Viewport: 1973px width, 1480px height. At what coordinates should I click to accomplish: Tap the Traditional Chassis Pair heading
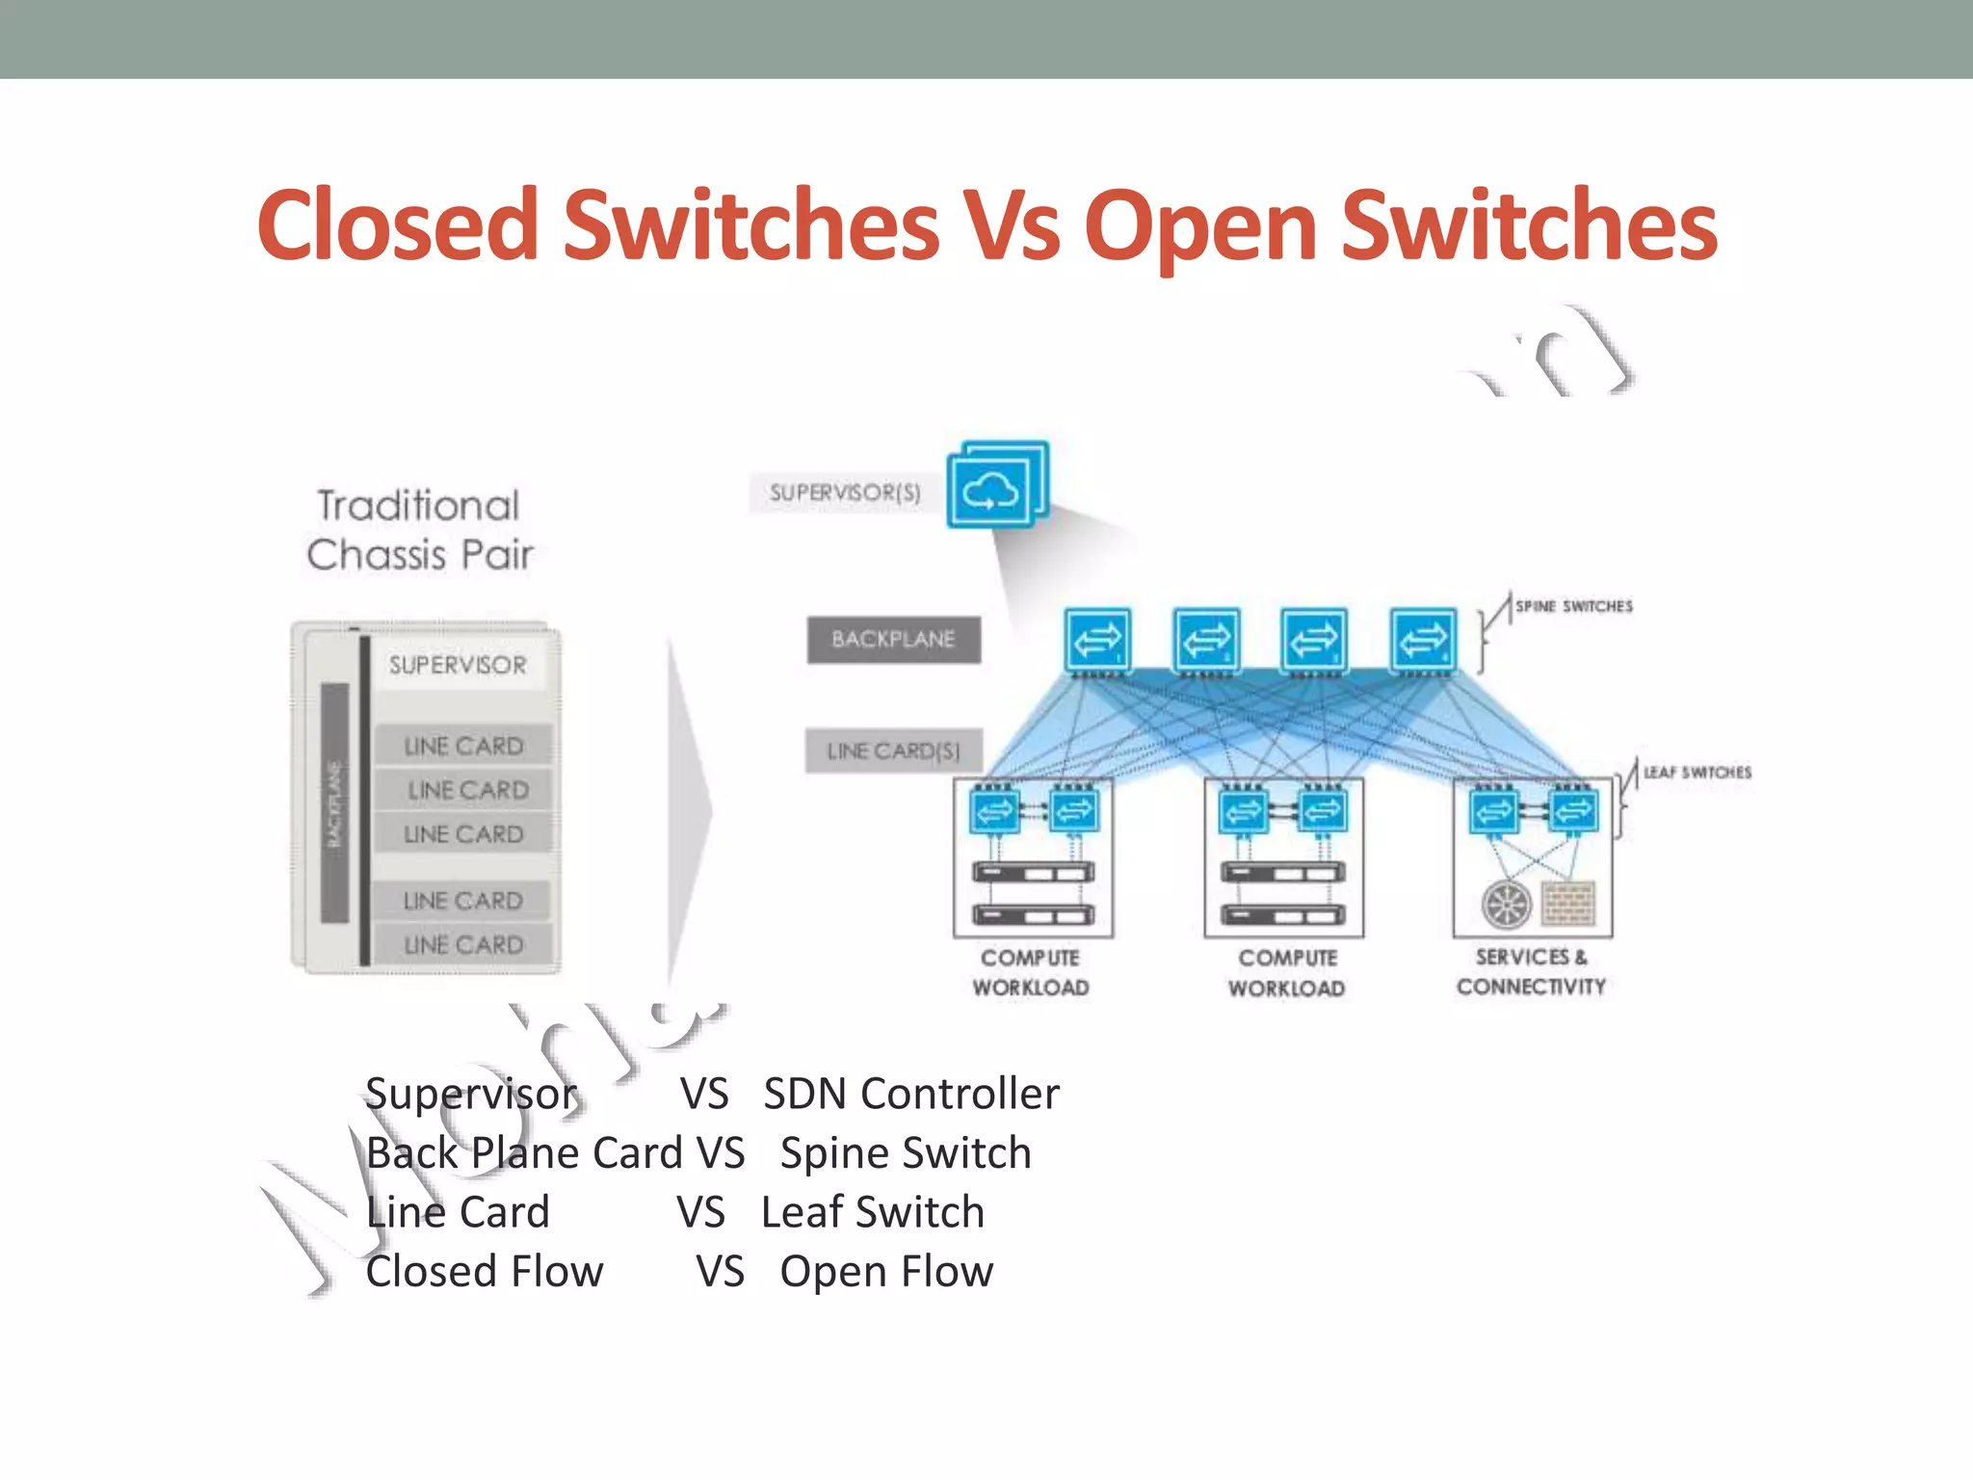pyautogui.click(x=419, y=530)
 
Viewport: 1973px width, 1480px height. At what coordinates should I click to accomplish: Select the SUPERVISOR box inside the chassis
pyautogui.click(x=459, y=665)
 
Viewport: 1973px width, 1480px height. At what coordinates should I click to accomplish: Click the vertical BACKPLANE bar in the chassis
pyautogui.click(x=334, y=803)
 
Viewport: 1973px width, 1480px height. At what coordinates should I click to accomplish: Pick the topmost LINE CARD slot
pyautogui.click(x=463, y=746)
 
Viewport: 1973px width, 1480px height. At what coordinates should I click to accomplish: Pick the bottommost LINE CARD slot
pyautogui.click(x=463, y=944)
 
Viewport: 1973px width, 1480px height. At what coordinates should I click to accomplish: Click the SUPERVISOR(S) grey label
pyautogui.click(x=845, y=493)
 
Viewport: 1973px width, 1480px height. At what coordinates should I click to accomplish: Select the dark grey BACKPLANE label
pyautogui.click(x=893, y=640)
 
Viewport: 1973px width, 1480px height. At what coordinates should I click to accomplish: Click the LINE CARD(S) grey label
pyautogui.click(x=893, y=751)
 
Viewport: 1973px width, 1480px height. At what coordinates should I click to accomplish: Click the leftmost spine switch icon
pyautogui.click(x=1097, y=639)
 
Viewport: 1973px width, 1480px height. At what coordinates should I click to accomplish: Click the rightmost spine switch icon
pyautogui.click(x=1423, y=639)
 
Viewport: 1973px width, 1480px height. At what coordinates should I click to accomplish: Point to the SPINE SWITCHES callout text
pyautogui.click(x=1573, y=606)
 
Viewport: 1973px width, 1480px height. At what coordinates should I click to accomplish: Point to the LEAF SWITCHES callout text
pyautogui.click(x=1697, y=772)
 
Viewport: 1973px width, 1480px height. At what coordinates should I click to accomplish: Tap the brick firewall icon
pyautogui.click(x=1568, y=904)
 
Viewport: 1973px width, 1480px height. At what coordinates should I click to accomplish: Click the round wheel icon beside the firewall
pyautogui.click(x=1507, y=904)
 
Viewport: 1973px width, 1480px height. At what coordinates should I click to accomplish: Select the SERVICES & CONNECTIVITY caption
pyautogui.click(x=1531, y=971)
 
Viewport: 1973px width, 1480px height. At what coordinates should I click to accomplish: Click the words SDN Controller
pyautogui.click(x=910, y=1094)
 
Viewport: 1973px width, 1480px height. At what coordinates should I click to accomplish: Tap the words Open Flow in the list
pyautogui.click(x=886, y=1272)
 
